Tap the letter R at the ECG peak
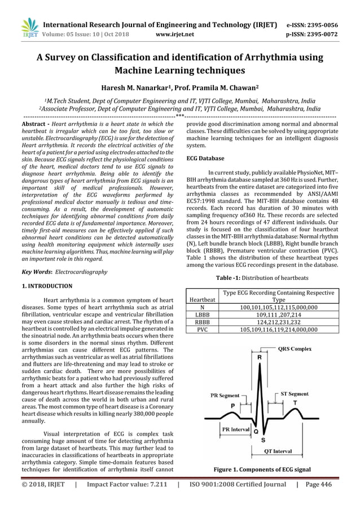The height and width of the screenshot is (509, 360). [x=259, y=357]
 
